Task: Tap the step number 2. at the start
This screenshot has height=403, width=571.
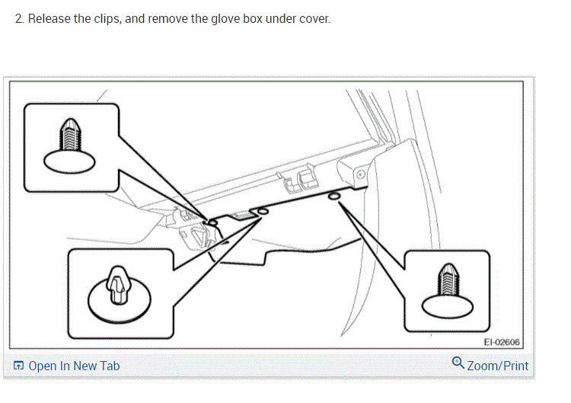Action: coord(20,18)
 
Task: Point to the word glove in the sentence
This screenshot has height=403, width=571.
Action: coord(206,18)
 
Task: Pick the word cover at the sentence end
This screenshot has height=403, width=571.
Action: coord(314,18)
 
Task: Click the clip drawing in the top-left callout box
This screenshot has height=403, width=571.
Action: coord(72,145)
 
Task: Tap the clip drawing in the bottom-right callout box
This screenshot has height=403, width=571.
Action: coord(448,289)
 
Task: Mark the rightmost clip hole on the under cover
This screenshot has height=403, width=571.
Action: coord(333,197)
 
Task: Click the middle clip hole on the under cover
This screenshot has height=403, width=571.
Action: coord(263,211)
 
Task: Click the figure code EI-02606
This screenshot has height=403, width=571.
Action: coord(502,343)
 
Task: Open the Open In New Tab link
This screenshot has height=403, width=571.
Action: coord(74,366)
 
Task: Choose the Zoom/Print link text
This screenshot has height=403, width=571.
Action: coord(497,366)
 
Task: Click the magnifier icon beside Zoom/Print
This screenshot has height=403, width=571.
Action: coord(458,363)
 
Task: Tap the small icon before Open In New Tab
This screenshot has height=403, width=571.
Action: coord(19,366)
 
